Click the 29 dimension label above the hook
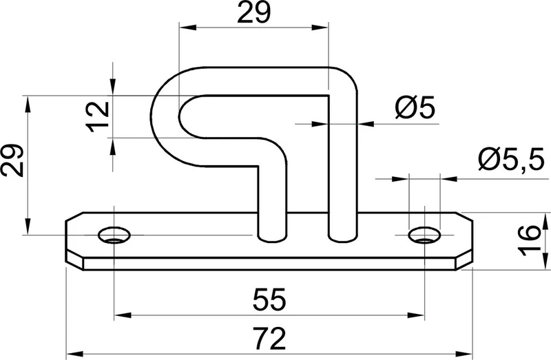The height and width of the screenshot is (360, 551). coord(254,12)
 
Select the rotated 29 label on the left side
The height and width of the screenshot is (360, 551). coord(12,160)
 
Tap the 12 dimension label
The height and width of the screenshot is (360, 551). coord(98,116)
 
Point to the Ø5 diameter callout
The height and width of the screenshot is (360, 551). coord(415,107)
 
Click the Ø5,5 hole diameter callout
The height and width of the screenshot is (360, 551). coord(511,159)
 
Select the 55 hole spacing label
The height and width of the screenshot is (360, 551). coord(269,299)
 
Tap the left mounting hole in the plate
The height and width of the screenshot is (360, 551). coord(114,235)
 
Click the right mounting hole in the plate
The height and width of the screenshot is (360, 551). coord(425,235)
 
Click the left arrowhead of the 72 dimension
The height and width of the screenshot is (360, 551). coord(74,353)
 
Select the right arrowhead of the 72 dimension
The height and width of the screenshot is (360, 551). coord(464,353)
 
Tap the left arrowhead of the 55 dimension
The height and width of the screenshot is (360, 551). coord(123,315)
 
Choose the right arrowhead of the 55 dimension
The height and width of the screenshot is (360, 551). coord(417,315)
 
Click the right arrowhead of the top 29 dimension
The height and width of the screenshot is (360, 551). coord(320,28)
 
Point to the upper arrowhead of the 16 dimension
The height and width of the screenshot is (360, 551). coord(545,221)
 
